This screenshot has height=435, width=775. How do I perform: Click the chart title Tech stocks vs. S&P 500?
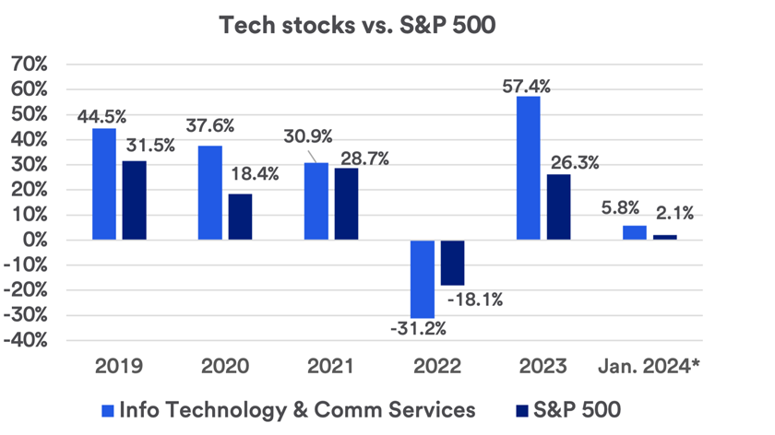[x=357, y=25]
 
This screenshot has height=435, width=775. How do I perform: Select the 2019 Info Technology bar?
[x=104, y=184]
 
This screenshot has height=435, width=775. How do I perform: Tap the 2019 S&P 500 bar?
[x=134, y=200]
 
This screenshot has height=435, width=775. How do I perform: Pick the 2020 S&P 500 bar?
[x=240, y=217]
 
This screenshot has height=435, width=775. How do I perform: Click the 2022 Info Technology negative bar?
[x=423, y=278]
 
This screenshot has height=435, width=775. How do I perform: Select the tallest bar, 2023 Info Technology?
[x=529, y=168]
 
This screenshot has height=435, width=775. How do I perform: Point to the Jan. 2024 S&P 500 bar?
[x=664, y=237]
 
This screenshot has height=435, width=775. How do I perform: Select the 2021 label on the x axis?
[x=330, y=366]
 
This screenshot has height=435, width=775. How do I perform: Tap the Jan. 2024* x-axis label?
[x=650, y=366]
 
